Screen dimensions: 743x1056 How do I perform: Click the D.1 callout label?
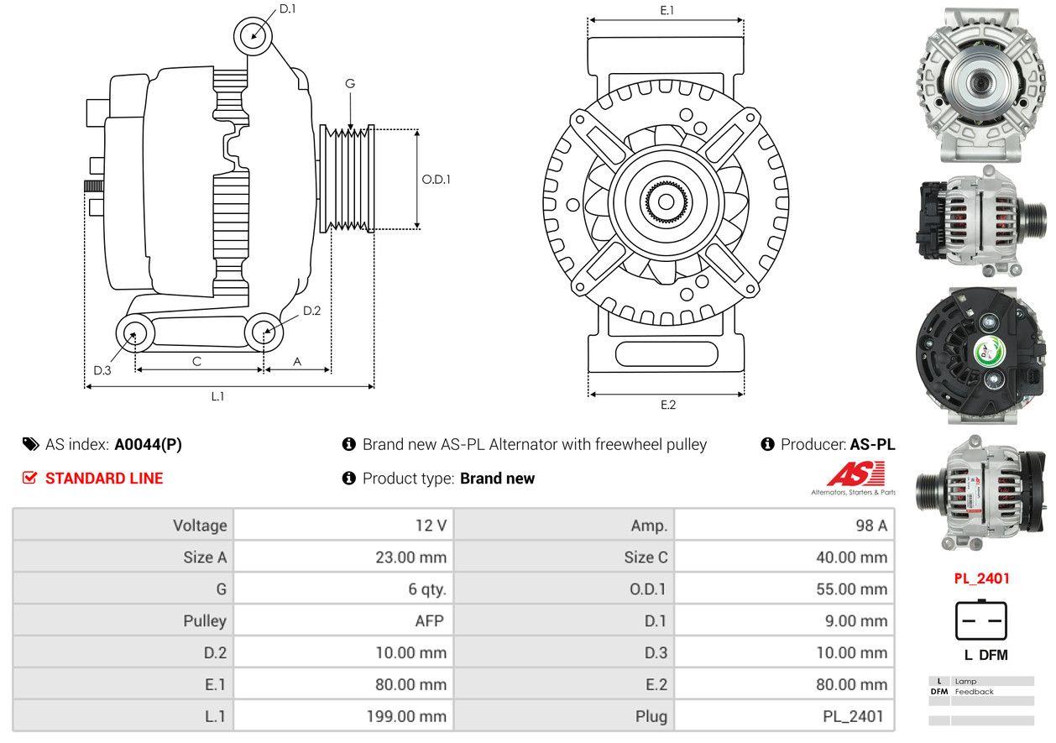(288, 9)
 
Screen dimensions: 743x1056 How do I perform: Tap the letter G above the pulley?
(350, 83)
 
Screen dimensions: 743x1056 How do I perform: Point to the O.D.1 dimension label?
(436, 179)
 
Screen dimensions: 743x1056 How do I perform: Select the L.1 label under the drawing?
(217, 396)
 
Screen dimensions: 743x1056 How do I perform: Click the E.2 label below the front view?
(667, 405)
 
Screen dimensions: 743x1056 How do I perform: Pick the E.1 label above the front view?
(667, 10)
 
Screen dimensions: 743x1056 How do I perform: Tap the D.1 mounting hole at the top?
(253, 36)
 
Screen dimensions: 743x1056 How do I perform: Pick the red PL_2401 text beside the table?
(981, 578)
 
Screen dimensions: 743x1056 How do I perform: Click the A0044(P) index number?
(148, 445)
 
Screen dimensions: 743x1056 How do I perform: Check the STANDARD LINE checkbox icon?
(30, 478)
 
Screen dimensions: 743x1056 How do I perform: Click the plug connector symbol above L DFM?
(980, 621)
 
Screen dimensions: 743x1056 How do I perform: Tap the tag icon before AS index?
(30, 444)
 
